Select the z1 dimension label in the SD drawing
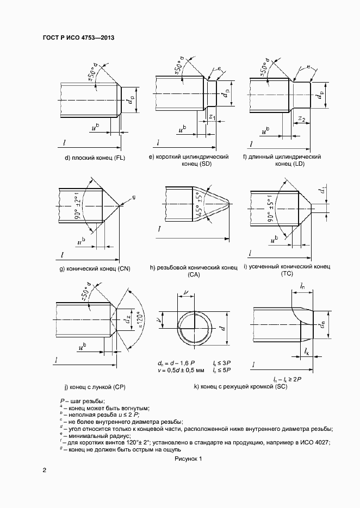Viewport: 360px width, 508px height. click(212, 117)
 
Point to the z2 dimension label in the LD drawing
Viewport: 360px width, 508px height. click(302, 119)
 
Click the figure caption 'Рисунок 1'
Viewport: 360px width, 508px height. click(188, 459)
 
